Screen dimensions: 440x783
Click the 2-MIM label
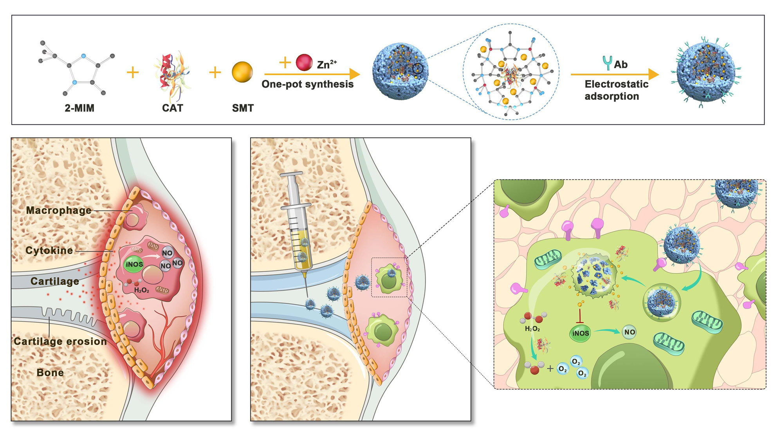coord(79,108)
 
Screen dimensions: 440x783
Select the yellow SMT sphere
coord(242,72)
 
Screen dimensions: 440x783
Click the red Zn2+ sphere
coord(304,63)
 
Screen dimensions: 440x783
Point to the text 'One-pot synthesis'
coord(307,84)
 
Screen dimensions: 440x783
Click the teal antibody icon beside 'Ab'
coord(607,63)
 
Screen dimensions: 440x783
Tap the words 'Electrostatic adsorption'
coord(616,90)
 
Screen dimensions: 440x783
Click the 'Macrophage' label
coord(59,210)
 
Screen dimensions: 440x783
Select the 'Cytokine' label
coord(49,250)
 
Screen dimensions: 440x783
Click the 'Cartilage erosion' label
coord(60,341)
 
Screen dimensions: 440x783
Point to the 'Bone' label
coord(50,373)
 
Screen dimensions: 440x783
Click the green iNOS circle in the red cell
coord(134,264)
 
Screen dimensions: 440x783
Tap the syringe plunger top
coord(291,174)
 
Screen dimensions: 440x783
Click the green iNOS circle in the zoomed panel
coord(580,333)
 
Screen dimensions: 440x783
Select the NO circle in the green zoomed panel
coord(630,332)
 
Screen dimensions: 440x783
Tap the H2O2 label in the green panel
coord(532,329)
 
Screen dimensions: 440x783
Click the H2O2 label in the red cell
coord(142,290)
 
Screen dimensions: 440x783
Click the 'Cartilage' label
coord(55,281)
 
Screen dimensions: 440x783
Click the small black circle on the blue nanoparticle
coord(418,68)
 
